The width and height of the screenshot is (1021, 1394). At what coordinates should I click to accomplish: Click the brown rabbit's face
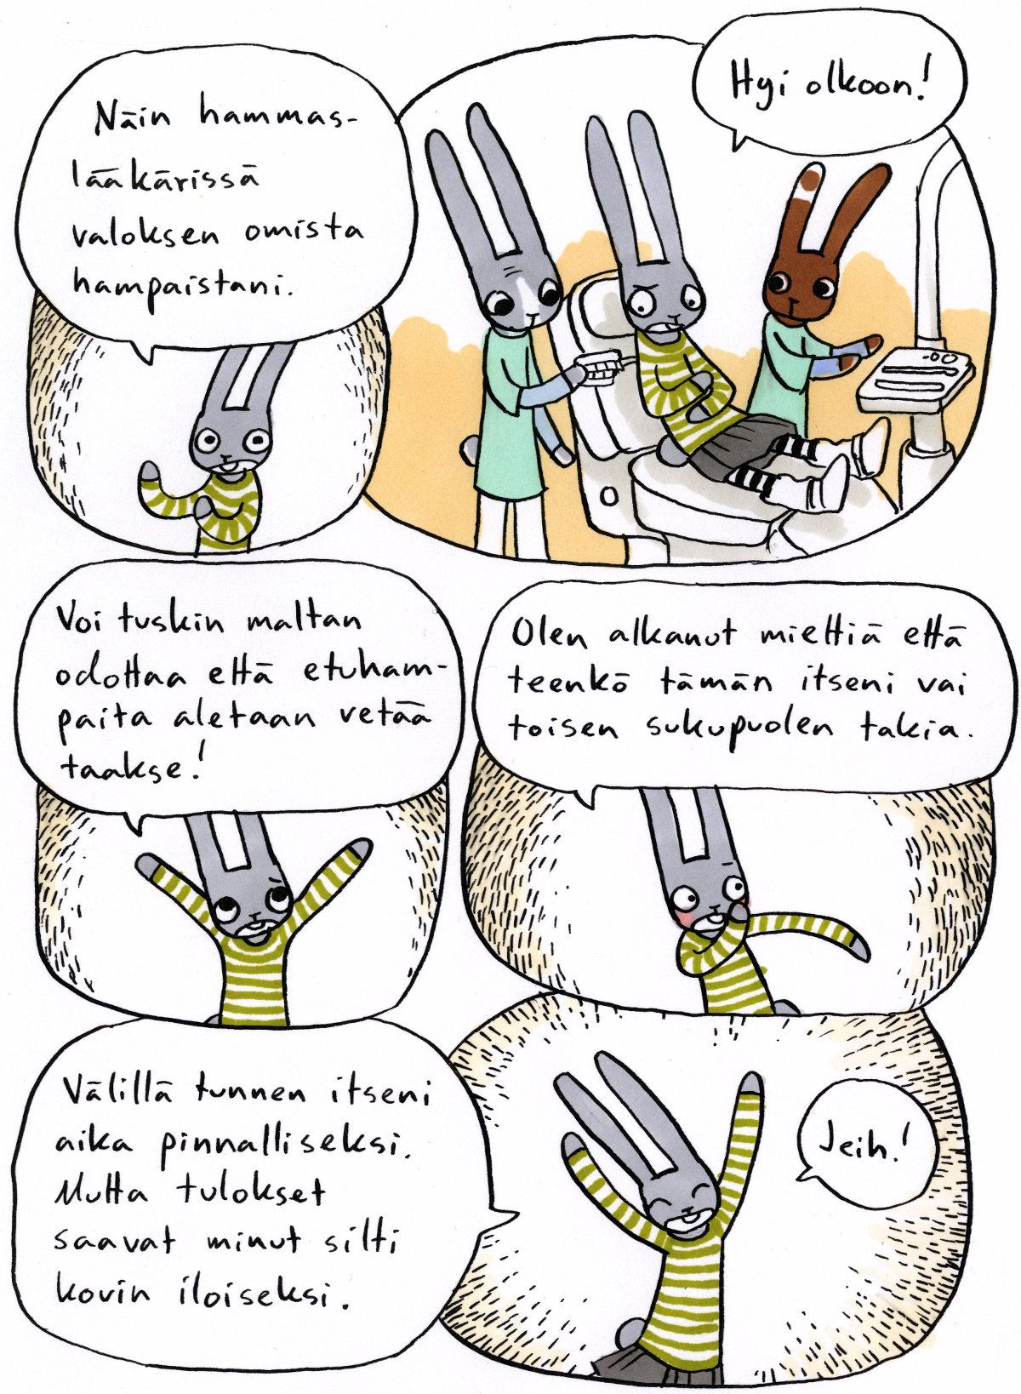click(801, 290)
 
